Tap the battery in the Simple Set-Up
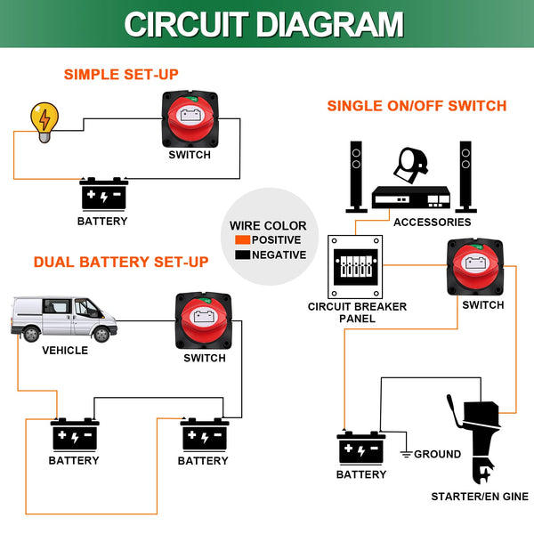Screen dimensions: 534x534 [x=105, y=193]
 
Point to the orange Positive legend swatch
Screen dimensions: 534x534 [x=242, y=240]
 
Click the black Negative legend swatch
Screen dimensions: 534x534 [x=242, y=255]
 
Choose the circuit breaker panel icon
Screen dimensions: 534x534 [x=356, y=268]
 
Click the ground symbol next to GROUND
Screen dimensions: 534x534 [x=406, y=454]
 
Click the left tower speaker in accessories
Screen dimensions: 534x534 [x=356, y=174]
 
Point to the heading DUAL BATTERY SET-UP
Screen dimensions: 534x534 [x=121, y=263]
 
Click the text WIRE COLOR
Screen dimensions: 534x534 [x=268, y=226]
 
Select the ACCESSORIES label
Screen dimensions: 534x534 [x=433, y=222]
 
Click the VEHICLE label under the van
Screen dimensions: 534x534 [x=65, y=350]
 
